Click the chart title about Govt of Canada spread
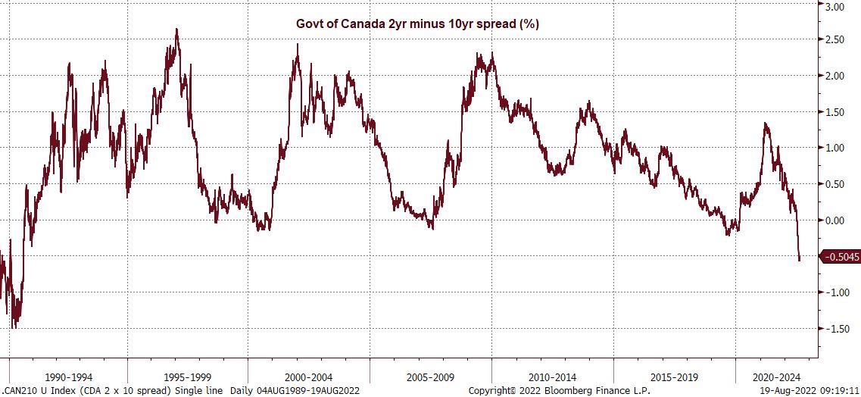(x=417, y=23)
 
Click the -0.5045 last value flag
(x=841, y=257)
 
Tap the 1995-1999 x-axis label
(x=188, y=376)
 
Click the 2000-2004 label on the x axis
(x=309, y=376)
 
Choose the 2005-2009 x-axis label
(x=430, y=376)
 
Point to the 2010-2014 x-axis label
(x=552, y=376)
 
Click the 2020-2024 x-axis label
(x=775, y=376)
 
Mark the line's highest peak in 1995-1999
(x=176, y=30)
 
